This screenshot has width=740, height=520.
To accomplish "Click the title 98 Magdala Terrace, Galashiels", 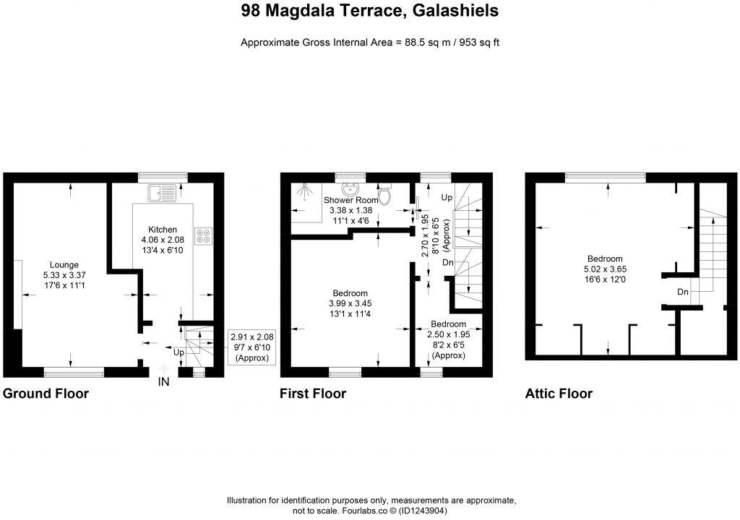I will pos(369,12).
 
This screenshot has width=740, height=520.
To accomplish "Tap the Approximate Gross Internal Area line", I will pos(369,42).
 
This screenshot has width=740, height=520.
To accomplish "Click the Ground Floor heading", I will pos(46,394).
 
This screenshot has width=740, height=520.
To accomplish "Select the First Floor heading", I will pos(313,394).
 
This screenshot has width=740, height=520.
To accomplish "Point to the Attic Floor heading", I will pos(559,394).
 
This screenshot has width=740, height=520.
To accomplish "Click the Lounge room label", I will pos(64,264).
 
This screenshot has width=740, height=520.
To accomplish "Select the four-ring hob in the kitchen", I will pos(203,235).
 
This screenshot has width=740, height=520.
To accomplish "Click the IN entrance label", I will pos(164,382).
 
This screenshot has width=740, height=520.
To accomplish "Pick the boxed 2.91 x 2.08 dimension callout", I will pos(252,347).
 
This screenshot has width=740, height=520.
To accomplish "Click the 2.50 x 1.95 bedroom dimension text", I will pos(448,335).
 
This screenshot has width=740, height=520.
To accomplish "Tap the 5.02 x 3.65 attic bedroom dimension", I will pos(604,269).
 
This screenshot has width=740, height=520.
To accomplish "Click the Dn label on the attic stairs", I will pos(683,292).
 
